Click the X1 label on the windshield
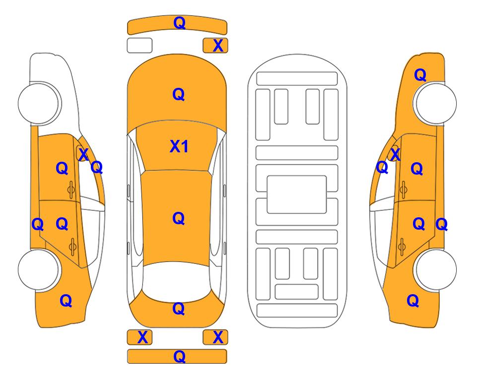pos(179,146)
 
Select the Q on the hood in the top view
pos(179,94)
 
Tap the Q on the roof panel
pos(179,219)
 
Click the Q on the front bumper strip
pos(179,23)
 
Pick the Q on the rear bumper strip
pos(179,356)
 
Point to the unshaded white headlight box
pos(139,46)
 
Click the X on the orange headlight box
pos(218,46)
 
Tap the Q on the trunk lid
pos(179,309)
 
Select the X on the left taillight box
pos(142,337)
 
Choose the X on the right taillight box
pos(218,337)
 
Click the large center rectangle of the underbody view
pos(297,194)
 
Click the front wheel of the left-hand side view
pos(38,103)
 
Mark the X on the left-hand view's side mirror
pos(83,154)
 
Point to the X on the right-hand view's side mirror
pos(395,154)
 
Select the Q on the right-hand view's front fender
pos(420,75)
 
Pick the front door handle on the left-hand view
pos(71,190)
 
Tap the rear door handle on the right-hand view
pos(402,247)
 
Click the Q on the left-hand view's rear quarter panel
pos(66,301)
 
